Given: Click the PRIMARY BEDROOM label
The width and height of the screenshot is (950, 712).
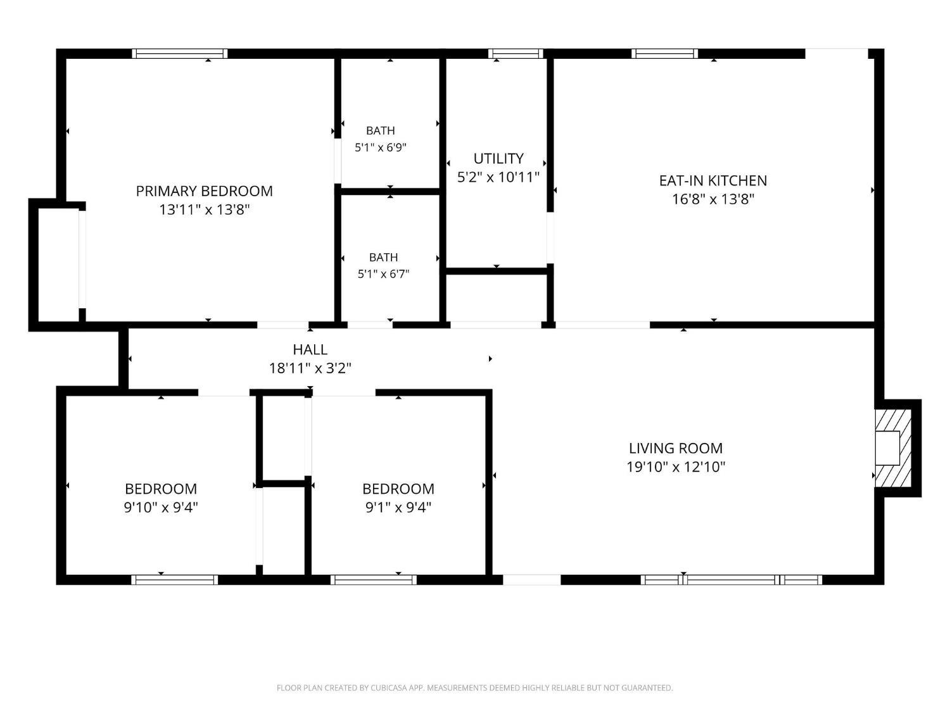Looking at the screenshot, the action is [x=205, y=191].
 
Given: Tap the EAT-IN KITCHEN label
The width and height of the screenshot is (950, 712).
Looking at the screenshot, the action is [x=713, y=181].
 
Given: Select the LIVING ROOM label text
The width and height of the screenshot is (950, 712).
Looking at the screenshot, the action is [x=676, y=448].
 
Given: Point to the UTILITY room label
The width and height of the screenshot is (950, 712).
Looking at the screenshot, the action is [x=498, y=159].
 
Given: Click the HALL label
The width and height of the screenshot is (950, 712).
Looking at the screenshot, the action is [x=310, y=349].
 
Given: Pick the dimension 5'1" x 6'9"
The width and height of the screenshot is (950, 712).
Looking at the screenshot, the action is [x=381, y=147].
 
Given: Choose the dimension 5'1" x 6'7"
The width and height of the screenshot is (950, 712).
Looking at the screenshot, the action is [x=383, y=274].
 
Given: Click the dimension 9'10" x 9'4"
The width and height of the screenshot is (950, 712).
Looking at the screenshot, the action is [x=161, y=507].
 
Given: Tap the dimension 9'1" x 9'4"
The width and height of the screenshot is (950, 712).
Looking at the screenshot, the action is [x=398, y=507].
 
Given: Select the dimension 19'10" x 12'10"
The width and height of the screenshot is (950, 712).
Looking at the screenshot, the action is [x=676, y=467].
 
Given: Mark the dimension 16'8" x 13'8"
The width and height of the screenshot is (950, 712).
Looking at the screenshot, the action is [x=713, y=199].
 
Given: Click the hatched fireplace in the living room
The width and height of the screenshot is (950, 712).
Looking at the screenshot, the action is [x=893, y=448].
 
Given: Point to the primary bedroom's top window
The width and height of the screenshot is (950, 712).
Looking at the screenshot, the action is [x=180, y=54].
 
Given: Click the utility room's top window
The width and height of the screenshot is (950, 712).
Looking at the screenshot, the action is [x=516, y=54].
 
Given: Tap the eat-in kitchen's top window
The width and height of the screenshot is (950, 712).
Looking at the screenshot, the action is [x=664, y=54].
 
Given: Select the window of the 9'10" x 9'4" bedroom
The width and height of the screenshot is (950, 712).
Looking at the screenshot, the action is [x=174, y=580].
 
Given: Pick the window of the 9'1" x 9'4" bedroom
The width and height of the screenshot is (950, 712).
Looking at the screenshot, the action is [x=374, y=580].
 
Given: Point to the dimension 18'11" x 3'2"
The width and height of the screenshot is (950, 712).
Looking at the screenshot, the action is [x=310, y=368].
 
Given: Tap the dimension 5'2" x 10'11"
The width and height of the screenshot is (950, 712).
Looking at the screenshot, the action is [x=498, y=177].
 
